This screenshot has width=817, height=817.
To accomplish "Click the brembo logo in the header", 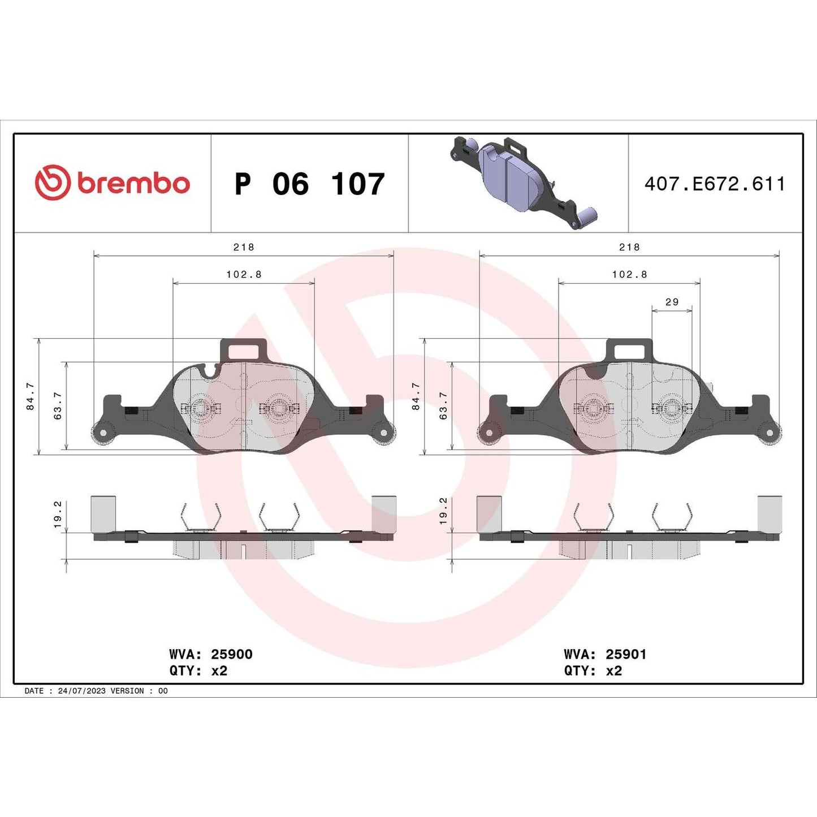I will coord(112,183).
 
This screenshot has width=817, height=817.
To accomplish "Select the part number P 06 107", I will coord(309,184).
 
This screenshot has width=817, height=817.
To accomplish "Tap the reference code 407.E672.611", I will coord(715,184).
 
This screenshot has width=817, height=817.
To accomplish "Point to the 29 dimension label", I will coord(672,302).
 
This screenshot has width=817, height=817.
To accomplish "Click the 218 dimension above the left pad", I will coord(244,247).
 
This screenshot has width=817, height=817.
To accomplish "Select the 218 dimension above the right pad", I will coord(629,247).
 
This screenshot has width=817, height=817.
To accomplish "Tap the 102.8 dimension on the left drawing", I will coord(244,274).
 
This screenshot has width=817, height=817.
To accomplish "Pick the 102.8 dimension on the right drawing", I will coord(629,274).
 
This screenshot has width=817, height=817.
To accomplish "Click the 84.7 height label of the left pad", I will coord(31,396).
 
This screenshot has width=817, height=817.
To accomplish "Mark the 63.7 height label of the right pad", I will coord(443,405).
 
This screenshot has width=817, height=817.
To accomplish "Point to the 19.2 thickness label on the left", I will coord(58,514).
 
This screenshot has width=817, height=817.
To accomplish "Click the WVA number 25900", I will coord(231,654).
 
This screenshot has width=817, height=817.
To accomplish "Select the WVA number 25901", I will coord(626,654).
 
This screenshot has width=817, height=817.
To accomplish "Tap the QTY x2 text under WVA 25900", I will coord(198,671).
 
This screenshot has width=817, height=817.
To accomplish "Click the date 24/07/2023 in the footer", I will coord(81,691).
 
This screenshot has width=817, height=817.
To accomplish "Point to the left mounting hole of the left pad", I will coord(103,433).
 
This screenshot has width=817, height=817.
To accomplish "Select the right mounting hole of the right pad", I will coord(770,433).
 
